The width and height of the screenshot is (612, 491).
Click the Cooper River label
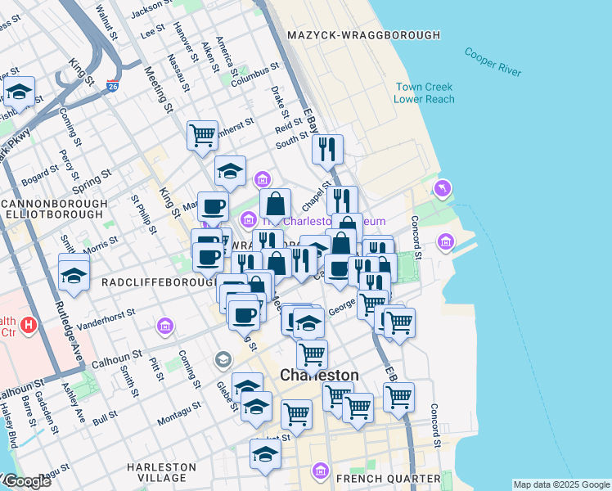[x=493, y=62]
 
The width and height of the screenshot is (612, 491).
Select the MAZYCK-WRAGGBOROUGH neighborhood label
[x=364, y=35]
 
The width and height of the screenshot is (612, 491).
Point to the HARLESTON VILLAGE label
[x=161, y=472]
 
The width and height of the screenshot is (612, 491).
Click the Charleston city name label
[x=319, y=375]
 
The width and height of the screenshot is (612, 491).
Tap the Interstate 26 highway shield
[x=112, y=84]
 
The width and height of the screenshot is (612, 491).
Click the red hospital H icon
[x=29, y=325]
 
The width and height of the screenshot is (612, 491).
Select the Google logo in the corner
[x=26, y=481]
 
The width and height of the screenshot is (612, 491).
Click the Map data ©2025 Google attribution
[x=560, y=484]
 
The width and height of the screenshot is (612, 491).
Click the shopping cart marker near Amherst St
[x=202, y=134]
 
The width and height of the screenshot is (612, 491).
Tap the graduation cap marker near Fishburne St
[x=19, y=91]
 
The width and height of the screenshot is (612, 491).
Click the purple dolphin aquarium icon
[x=443, y=189]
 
